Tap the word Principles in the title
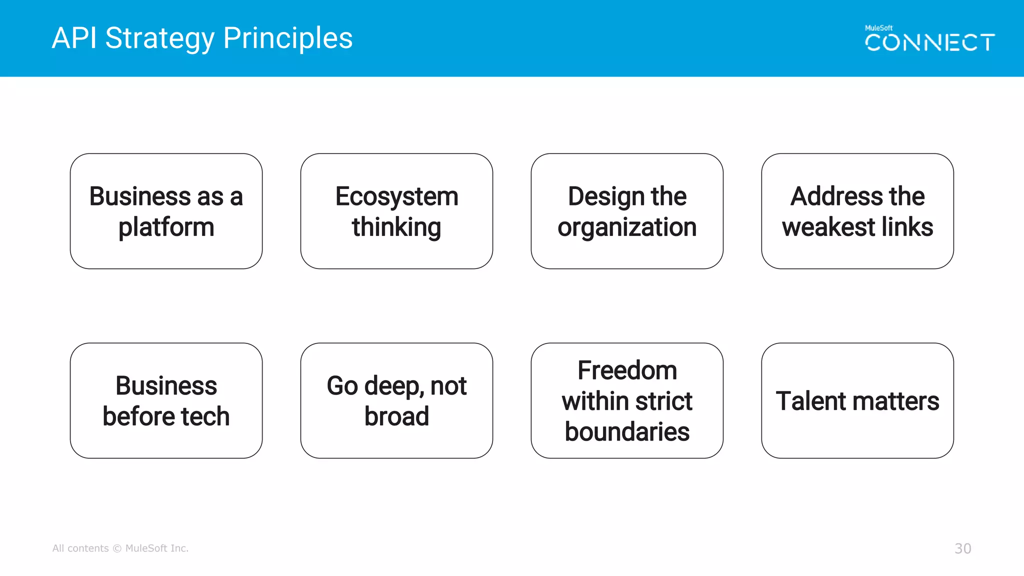(x=288, y=39)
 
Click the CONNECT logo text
(x=929, y=43)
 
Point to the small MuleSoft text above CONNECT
(x=878, y=28)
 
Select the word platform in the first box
(x=166, y=227)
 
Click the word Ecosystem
(x=396, y=196)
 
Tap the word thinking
(x=396, y=227)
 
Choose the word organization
(x=627, y=227)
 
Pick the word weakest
(x=828, y=227)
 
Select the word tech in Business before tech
(x=205, y=416)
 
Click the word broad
(x=396, y=416)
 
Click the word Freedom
(x=627, y=370)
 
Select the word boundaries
(x=627, y=432)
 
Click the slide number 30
(x=962, y=548)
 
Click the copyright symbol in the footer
(x=117, y=548)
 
